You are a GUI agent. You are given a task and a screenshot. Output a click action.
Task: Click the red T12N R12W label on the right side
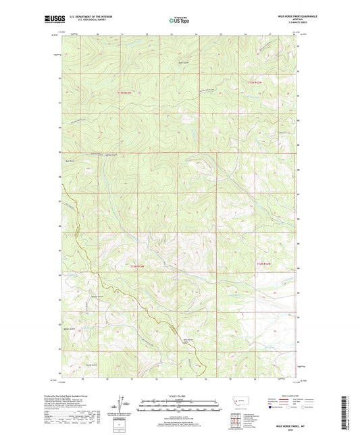(266, 262)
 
